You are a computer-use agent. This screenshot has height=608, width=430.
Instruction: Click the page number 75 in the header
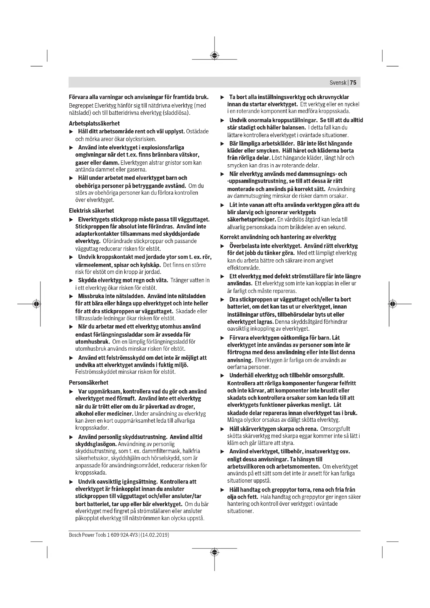coord(353,83)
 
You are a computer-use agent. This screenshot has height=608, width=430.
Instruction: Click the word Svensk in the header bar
coord(338,83)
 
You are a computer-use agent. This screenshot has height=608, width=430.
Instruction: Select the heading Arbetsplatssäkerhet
coord(94,123)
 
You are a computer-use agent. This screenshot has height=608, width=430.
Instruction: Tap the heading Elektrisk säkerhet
coord(91,211)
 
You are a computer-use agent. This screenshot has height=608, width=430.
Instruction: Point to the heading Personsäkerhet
coord(88,382)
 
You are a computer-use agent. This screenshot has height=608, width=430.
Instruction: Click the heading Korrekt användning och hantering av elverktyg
coord(278,237)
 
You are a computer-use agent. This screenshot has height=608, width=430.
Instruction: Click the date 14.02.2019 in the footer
coord(155,535)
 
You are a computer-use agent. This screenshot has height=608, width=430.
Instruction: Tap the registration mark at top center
coord(214,55)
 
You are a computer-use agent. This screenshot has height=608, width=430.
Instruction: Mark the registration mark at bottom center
coord(214,552)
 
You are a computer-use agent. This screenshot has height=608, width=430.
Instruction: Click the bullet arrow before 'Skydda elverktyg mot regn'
coord(71,280)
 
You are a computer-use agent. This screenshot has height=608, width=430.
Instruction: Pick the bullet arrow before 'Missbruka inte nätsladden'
coord(71,296)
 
